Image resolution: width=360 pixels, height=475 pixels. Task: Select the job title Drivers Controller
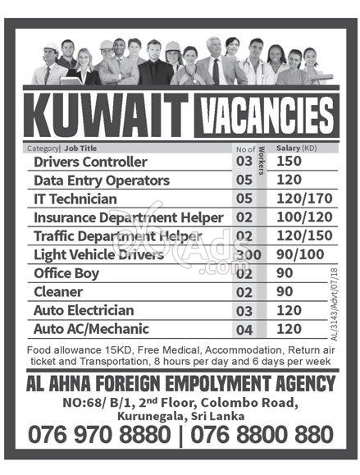tap(90, 162)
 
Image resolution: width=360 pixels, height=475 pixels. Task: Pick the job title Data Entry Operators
tap(102, 180)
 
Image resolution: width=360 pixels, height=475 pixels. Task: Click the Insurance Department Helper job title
tap(128, 217)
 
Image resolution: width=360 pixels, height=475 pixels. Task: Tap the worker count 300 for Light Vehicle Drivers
tap(248, 255)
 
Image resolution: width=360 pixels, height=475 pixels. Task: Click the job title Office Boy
tap(68, 273)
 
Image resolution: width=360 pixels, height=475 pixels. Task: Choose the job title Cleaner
tap(58, 292)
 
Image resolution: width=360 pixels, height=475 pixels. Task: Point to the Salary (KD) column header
tap(297, 148)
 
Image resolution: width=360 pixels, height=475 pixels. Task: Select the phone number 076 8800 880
tap(264, 434)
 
